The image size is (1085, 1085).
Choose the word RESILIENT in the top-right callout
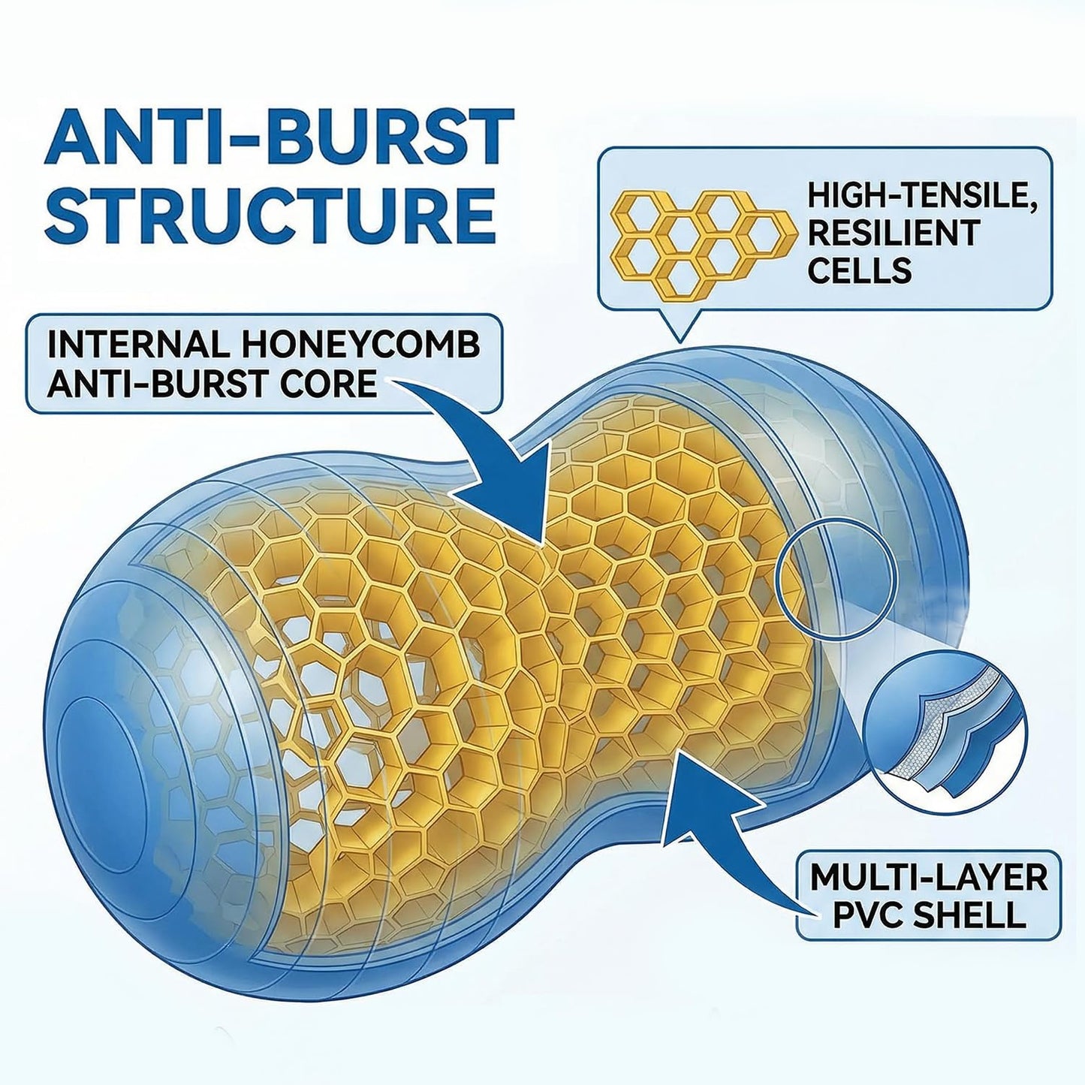pyautogui.click(x=895, y=234)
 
